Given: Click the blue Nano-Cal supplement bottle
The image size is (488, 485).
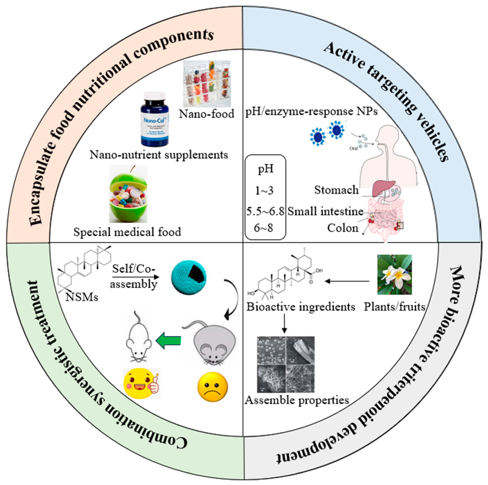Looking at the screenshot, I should coord(155,119).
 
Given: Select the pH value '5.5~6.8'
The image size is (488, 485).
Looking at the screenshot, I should coord(265,211).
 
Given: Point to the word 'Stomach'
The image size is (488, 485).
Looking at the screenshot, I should coord(336,190).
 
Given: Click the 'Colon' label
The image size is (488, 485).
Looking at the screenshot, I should coord(343,228).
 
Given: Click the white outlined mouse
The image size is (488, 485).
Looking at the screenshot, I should coord(139,339).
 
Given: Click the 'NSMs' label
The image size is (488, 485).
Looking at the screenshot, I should coord(82,297).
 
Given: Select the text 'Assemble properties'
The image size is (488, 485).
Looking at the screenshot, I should coord(297,400).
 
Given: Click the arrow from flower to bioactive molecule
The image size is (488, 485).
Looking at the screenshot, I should coord(347,281).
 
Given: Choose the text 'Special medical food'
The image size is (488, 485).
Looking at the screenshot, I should coord(127,232).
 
